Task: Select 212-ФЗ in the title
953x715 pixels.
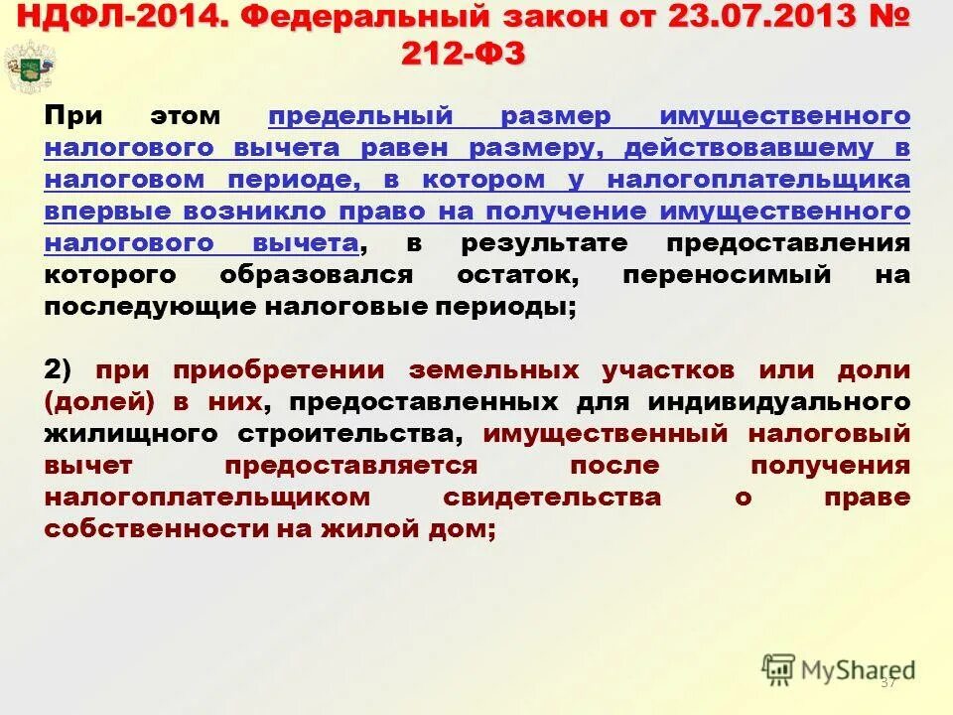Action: point(464,53)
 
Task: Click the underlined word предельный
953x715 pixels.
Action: point(360,116)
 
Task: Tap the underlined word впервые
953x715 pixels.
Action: point(100,212)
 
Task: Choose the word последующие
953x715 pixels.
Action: point(148,307)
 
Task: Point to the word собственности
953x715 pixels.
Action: point(145,529)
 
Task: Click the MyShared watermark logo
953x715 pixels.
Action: point(838,668)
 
